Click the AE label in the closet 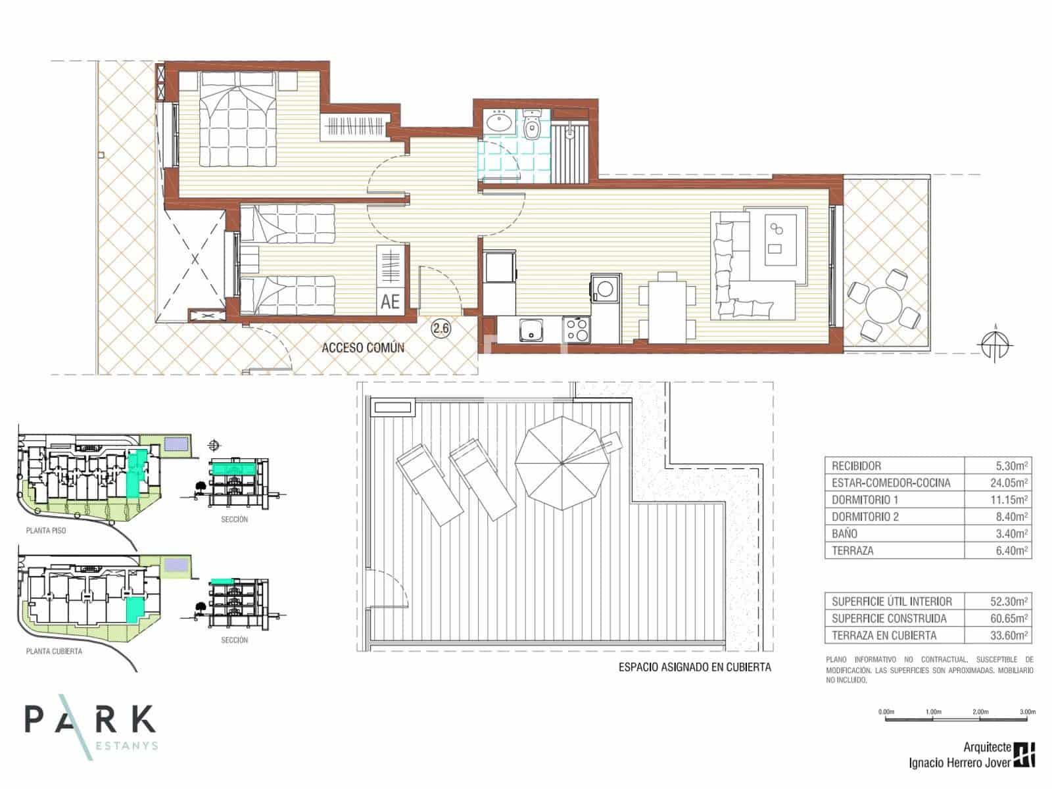click(x=390, y=301)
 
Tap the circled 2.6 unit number click(x=441, y=329)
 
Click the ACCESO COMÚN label click(x=362, y=348)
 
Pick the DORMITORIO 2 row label click(x=865, y=517)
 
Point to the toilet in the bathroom click(x=532, y=129)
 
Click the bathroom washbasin click(x=498, y=122)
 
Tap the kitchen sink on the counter click(x=530, y=331)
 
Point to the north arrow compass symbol click(x=994, y=344)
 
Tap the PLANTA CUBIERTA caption click(x=54, y=652)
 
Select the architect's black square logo click(x=1024, y=755)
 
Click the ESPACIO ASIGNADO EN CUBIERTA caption click(x=694, y=667)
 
